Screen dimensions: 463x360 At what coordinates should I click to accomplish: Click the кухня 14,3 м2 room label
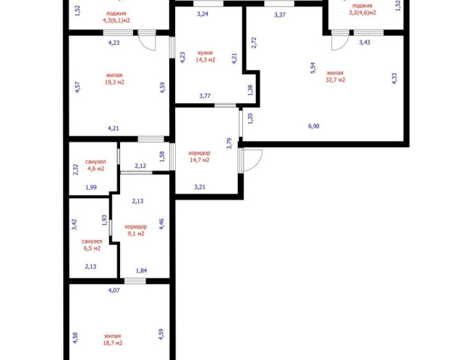205,56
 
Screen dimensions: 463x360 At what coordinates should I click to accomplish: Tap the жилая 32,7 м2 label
335,77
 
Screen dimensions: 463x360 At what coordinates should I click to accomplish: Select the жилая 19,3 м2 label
114,79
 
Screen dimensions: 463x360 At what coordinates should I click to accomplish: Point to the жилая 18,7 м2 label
113,340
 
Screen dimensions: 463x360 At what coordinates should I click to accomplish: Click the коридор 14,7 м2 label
200,156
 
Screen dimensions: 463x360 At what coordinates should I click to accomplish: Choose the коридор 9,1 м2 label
136,230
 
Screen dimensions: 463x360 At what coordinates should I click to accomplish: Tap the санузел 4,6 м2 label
95,166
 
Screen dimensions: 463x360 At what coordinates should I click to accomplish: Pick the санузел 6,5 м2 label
92,245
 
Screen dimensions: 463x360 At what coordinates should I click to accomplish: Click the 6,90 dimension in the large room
313,126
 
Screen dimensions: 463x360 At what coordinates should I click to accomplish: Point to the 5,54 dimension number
313,68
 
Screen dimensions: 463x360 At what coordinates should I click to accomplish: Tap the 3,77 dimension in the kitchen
205,95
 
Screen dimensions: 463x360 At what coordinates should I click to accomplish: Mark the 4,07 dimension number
114,290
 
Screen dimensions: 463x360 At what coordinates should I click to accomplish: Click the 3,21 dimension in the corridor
200,187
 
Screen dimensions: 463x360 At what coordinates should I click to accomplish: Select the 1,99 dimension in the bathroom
91,187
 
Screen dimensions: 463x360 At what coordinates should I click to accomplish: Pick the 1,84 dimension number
141,270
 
